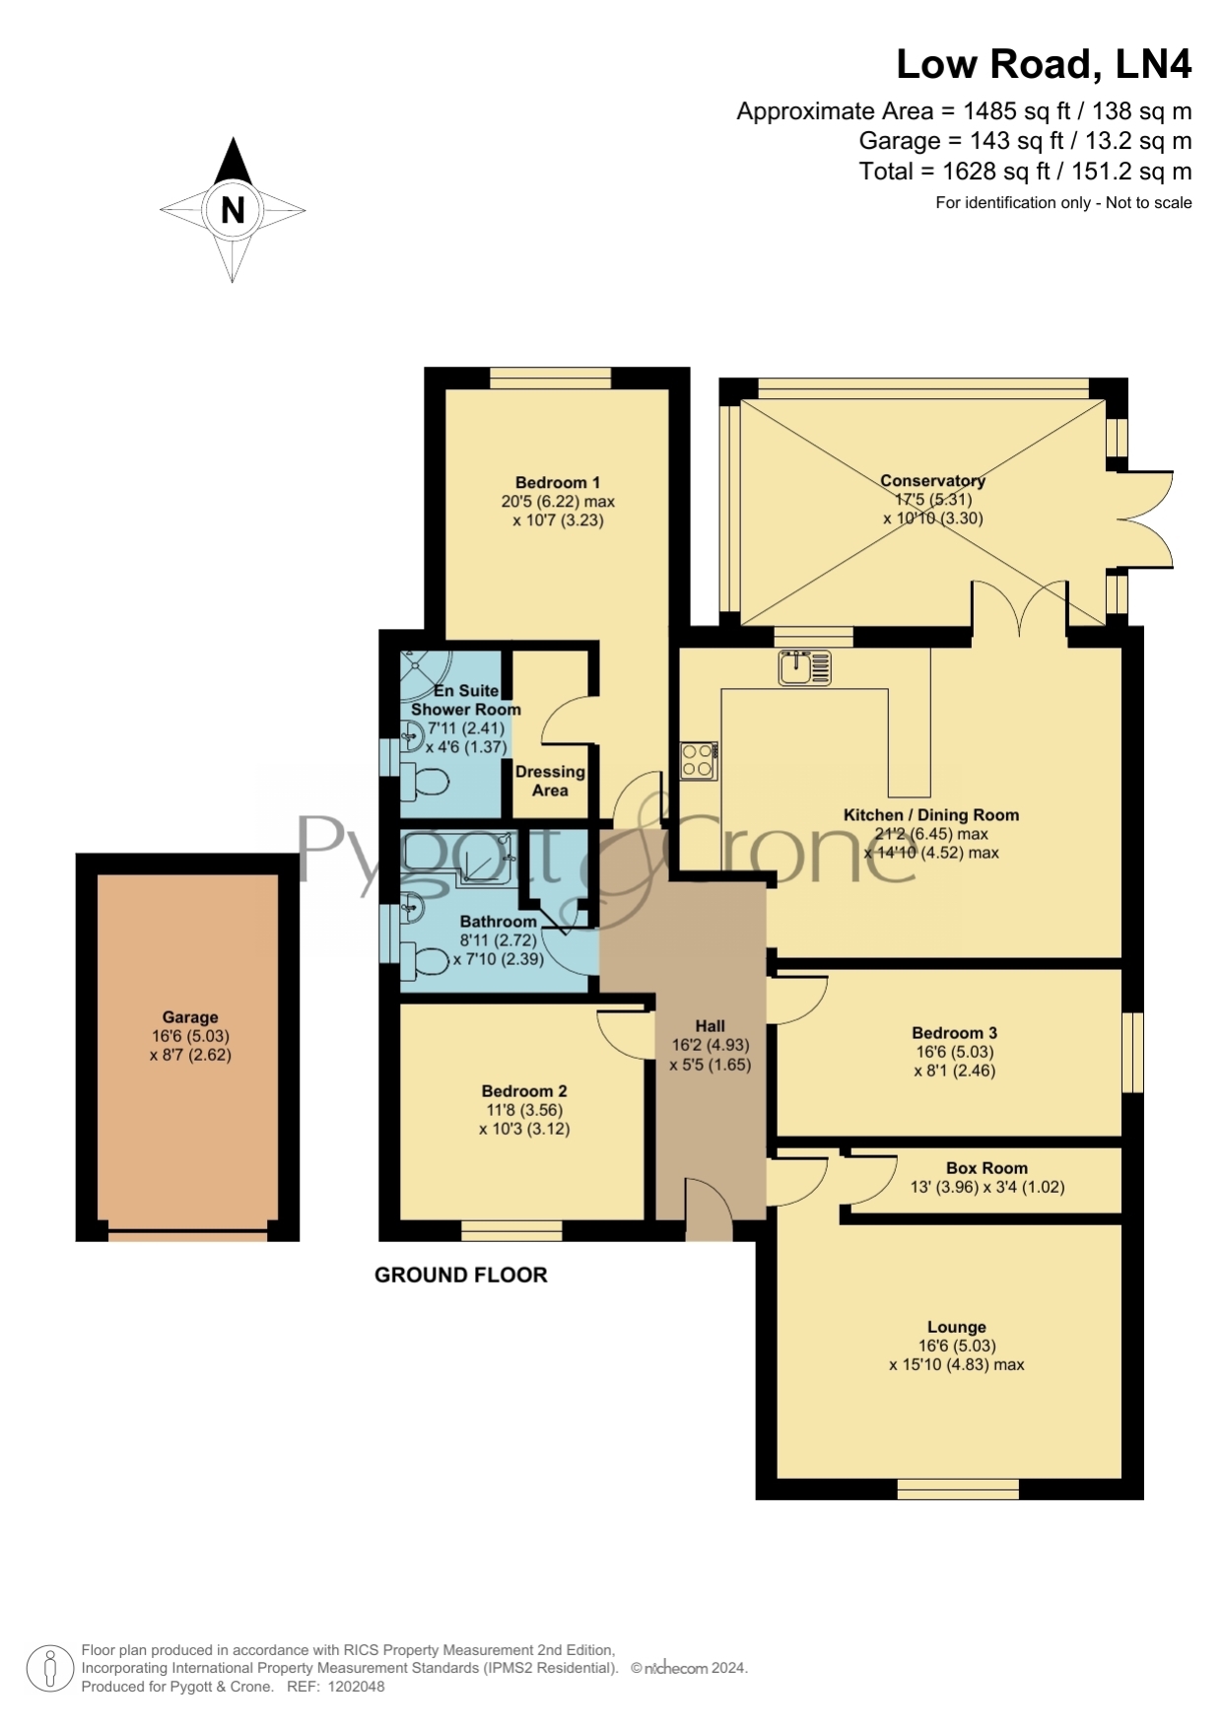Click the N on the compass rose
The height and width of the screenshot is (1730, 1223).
tap(233, 210)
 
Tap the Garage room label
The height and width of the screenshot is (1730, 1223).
tap(190, 1017)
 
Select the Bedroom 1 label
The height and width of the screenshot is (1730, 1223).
tap(558, 482)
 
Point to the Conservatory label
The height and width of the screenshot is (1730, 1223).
tap(932, 481)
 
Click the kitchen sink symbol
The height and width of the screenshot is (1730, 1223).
tap(804, 667)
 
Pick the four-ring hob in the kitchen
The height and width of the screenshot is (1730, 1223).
tap(699, 760)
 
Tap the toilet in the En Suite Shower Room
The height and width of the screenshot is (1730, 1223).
tap(426, 783)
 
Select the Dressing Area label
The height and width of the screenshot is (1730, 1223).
tap(550, 781)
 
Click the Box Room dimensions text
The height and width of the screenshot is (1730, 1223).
tap(987, 1187)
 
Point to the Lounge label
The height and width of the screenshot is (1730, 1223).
tap(956, 1327)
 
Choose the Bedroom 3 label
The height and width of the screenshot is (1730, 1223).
tap(954, 1033)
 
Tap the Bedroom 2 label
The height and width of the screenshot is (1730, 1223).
tap(524, 1091)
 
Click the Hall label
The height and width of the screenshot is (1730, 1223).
tap(710, 1026)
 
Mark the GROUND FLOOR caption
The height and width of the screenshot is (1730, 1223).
tap(460, 1275)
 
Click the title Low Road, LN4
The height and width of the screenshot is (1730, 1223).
tap(1044, 64)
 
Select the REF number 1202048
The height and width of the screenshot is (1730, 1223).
tap(356, 1687)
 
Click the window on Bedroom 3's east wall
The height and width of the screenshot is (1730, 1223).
tap(1133, 1052)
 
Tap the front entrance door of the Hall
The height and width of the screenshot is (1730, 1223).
tap(710, 1209)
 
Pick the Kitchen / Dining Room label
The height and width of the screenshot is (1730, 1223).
tap(931, 815)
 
